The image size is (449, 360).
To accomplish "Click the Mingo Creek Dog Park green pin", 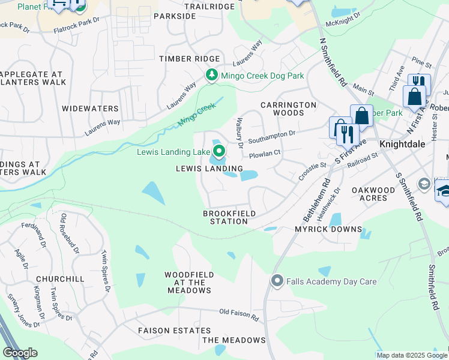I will [211, 76].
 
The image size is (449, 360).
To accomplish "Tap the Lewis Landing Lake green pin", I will [218, 152].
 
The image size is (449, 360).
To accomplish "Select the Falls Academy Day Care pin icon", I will [277, 281].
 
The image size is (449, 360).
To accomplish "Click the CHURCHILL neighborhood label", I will [59, 279].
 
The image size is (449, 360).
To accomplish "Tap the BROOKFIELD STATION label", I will [229, 217].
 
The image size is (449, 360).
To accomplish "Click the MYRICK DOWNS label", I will [328, 229].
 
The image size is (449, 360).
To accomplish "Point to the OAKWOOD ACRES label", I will [373, 194].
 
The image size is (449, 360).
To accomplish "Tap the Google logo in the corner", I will [20, 353].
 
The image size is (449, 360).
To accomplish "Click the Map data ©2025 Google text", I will [412, 355].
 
